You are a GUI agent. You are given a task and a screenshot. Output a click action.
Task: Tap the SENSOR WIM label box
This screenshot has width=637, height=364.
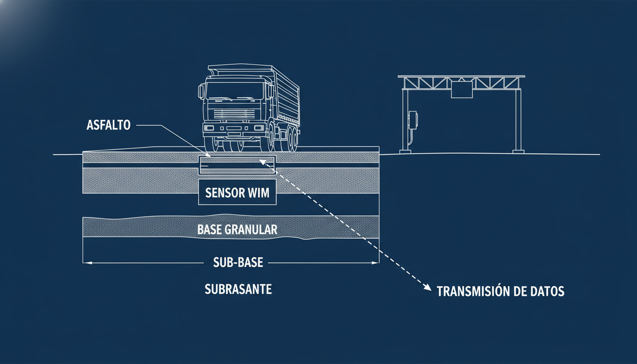(237, 192)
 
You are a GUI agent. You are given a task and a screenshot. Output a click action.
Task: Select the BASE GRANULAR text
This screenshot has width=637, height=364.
(237, 230)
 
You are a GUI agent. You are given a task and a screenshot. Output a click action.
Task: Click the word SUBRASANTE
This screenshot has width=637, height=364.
(238, 289)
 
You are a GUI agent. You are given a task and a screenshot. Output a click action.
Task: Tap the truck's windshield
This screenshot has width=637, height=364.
(235, 91)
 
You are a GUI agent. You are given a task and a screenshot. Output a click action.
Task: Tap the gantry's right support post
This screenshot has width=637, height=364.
(518, 118)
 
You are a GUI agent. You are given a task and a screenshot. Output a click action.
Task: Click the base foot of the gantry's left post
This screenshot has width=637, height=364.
(406, 151)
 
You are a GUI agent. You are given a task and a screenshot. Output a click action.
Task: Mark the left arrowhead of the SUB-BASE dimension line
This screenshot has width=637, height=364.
(86, 263)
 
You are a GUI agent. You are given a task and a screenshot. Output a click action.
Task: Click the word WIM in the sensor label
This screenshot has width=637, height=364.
(257, 192)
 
